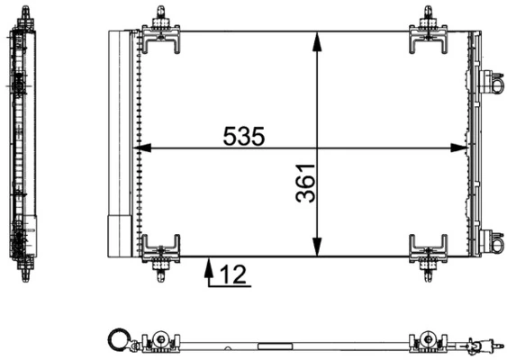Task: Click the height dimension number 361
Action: [x=306, y=184]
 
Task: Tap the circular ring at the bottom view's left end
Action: [x=117, y=339]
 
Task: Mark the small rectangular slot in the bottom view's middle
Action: [x=270, y=344]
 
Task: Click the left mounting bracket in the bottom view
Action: [x=160, y=339]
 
